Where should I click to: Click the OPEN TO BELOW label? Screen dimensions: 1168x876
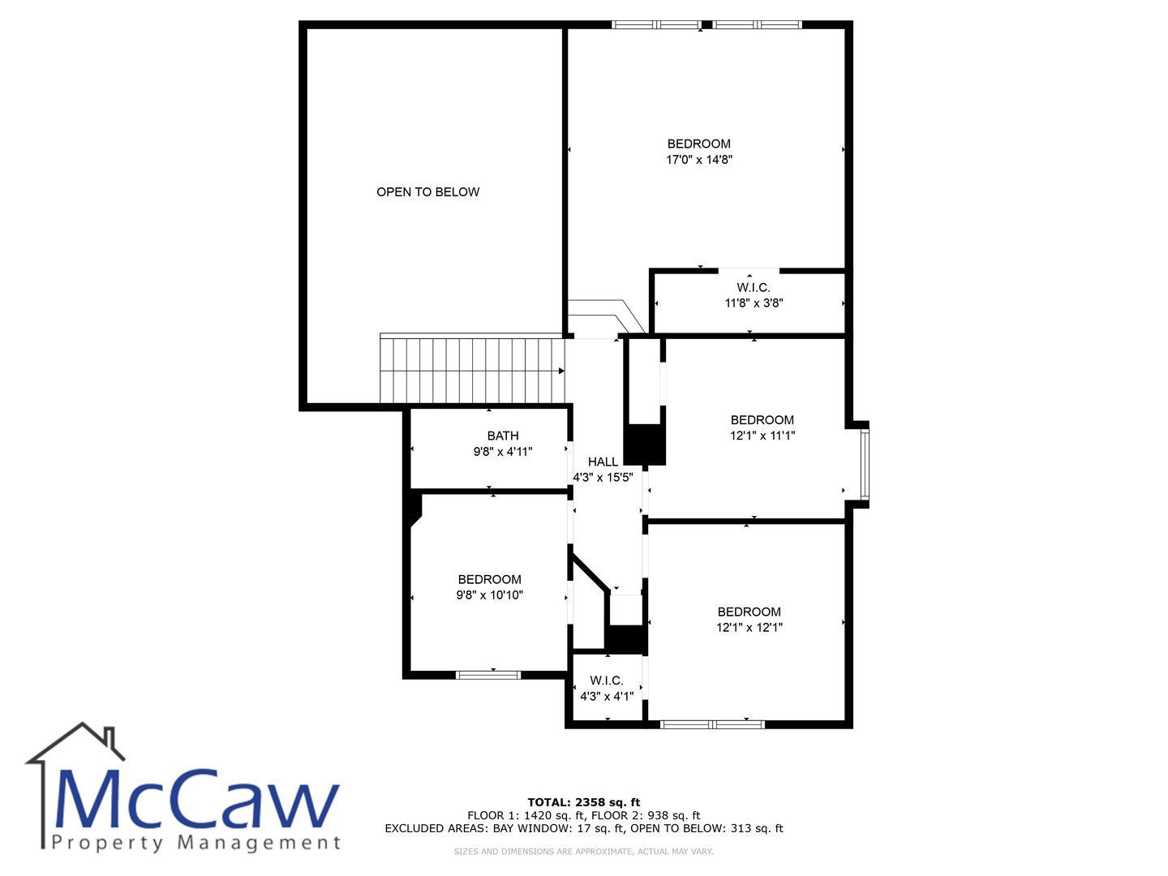[427, 192]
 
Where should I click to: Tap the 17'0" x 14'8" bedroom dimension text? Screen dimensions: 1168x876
[699, 160]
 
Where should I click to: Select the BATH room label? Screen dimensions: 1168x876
[503, 436]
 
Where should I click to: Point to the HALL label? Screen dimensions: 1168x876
[603, 462]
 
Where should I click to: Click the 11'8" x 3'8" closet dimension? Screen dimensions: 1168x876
[754, 303]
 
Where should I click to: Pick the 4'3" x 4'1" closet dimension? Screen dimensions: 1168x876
[607, 696]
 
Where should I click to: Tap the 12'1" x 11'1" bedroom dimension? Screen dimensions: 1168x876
[762, 436]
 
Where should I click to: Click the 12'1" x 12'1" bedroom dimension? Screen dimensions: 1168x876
[749, 627]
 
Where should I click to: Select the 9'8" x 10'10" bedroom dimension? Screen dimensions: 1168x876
[490, 595]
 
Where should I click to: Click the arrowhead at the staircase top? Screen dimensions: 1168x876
[561, 371]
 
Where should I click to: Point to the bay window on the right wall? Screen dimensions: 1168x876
[865, 465]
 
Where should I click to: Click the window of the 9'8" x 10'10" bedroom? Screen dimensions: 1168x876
[488, 675]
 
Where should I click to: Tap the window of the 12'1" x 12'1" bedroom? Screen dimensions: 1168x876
[712, 724]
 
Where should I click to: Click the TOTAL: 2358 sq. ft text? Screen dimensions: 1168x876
[584, 802]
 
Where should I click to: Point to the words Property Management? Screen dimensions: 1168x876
[195, 843]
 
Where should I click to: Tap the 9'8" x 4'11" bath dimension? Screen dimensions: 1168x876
[503, 452]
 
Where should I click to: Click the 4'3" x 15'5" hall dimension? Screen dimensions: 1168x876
[603, 477]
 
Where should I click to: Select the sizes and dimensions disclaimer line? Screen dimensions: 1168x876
[583, 852]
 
